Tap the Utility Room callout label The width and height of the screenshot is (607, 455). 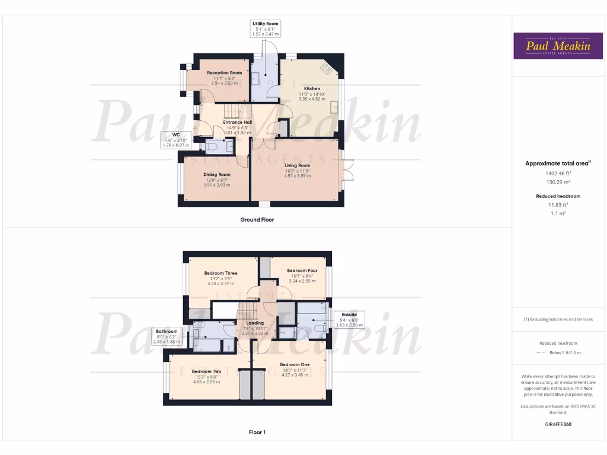click(266, 29)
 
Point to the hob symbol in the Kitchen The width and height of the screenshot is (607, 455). click(327, 68)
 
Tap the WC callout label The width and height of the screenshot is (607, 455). click(176, 140)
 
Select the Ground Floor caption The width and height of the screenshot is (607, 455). click(257, 220)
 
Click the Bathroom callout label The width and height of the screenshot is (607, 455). click(167, 335)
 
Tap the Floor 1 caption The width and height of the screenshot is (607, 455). click(257, 432)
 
